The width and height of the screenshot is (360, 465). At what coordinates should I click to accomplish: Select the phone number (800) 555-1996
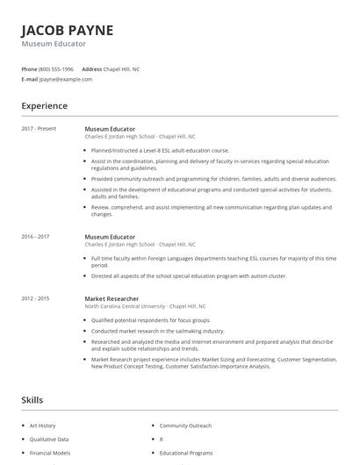56,68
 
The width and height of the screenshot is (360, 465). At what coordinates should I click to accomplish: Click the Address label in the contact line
92,68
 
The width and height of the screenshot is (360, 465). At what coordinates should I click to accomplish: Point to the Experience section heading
45,106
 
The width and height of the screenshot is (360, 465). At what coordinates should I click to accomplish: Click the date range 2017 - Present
39,129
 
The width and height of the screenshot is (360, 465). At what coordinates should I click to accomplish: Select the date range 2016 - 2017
35,237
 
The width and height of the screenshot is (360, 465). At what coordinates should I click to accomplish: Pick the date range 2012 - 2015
35,298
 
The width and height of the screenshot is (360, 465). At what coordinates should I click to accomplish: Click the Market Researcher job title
112,298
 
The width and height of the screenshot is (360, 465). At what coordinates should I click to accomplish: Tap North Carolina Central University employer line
145,306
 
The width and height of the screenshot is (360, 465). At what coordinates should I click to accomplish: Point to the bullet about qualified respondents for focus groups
139,321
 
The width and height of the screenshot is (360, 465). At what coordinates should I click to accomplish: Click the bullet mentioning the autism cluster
188,275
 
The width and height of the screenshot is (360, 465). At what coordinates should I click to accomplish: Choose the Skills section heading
32,400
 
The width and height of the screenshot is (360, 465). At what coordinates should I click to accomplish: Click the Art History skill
41,426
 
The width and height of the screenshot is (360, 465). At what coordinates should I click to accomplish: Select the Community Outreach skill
185,426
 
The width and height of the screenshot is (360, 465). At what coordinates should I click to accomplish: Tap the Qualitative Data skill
48,439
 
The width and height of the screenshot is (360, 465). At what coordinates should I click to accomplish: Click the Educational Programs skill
186,453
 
